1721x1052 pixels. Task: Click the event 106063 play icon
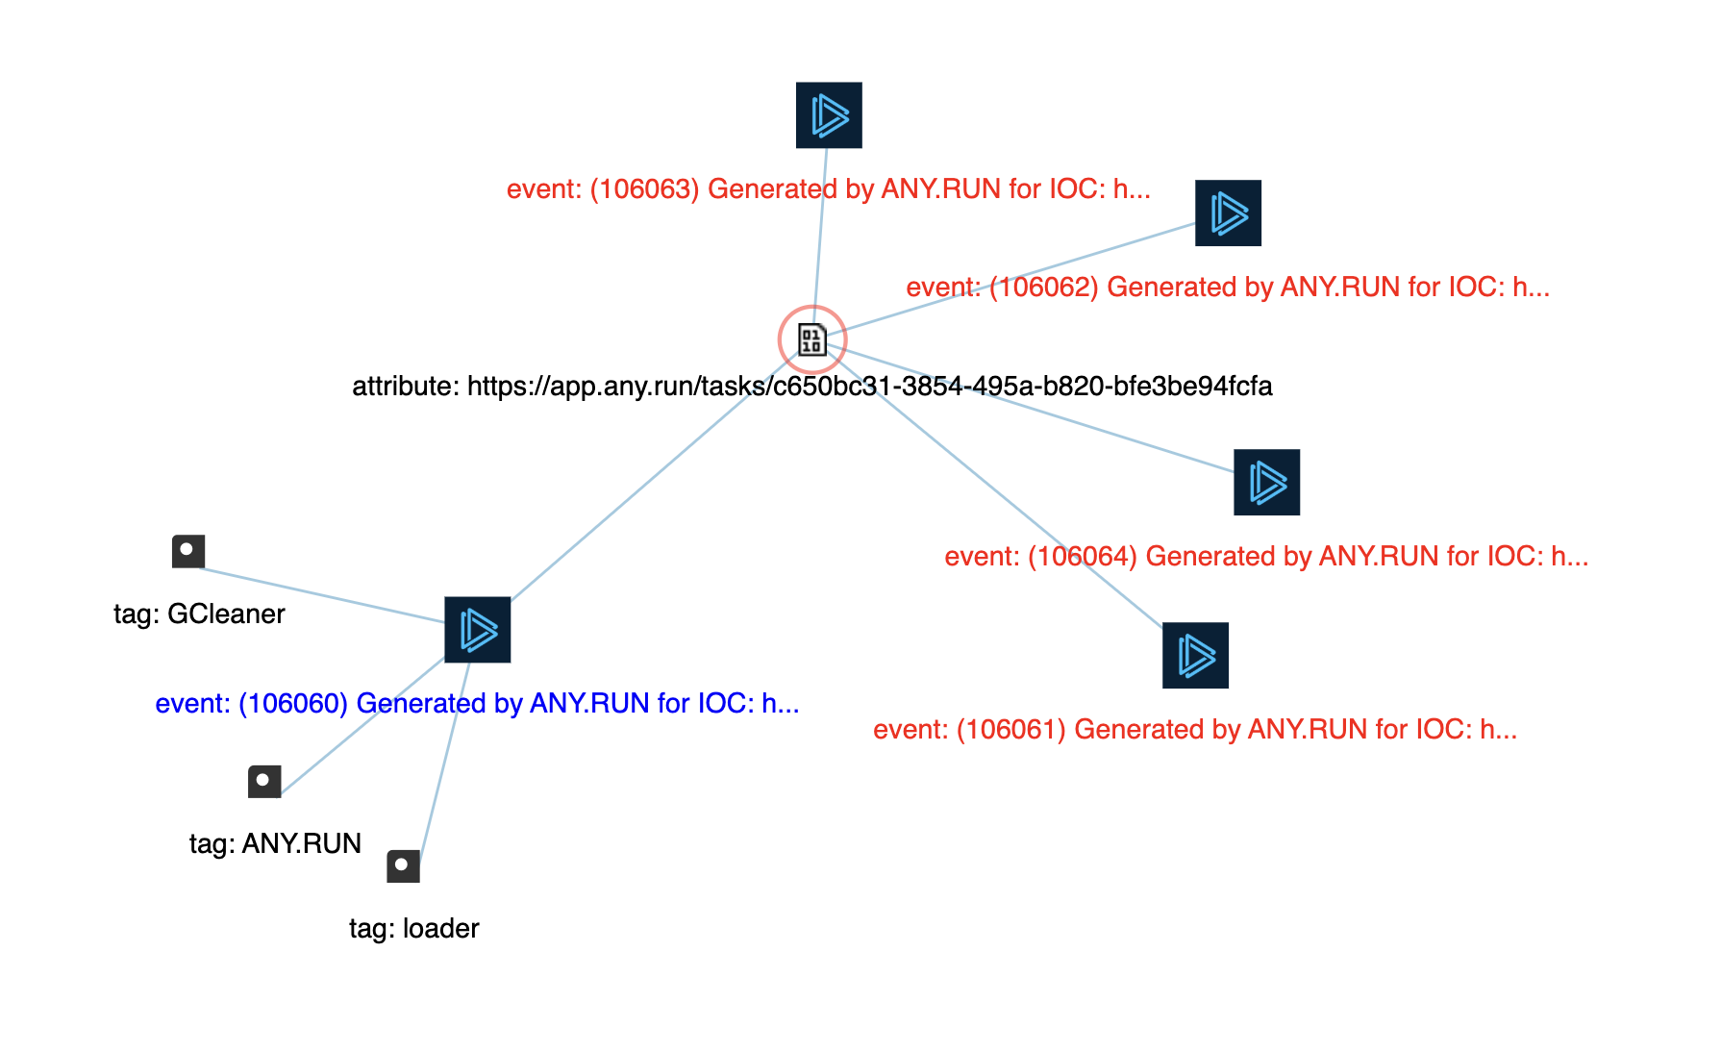(829, 115)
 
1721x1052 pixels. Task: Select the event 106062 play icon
(1228, 213)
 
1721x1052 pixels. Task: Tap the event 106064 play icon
(1266, 483)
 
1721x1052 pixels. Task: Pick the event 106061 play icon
(1195, 656)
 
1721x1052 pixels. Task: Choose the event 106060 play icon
(478, 630)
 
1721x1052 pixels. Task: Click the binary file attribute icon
(812, 339)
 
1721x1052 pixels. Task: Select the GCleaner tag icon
(188, 552)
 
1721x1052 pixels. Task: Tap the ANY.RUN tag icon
(264, 782)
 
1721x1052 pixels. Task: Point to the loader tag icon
(404, 866)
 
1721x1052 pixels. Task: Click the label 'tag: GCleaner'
(199, 614)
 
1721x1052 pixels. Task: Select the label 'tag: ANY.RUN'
(275, 843)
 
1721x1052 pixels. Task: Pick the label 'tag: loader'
(413, 928)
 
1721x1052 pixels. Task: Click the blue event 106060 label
(477, 703)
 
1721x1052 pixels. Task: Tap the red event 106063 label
(828, 188)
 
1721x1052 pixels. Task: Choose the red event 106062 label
(1228, 287)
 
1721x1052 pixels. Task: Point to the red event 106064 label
(1266, 556)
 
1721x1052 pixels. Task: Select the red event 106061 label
(1195, 729)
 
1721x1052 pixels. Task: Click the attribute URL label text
(811, 386)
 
